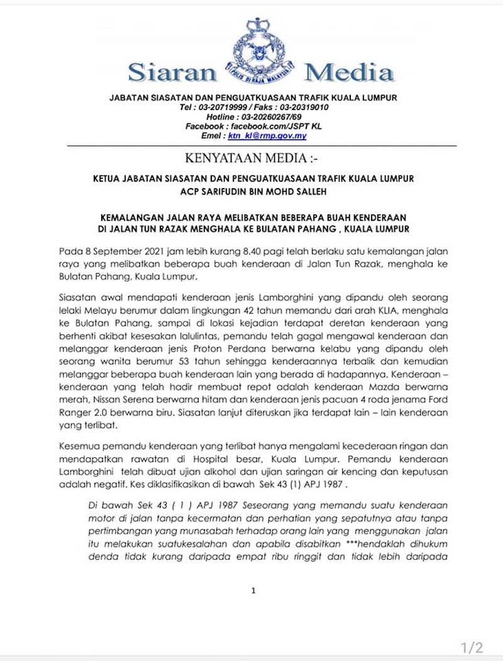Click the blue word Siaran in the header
point(172,73)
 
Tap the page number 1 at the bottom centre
point(253,591)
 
